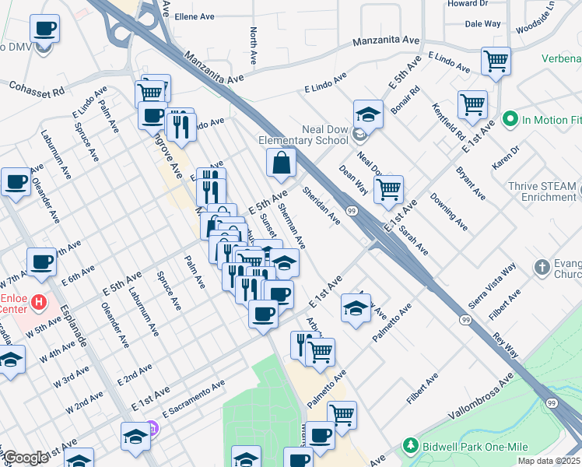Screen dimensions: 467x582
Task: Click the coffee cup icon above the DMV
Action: coord(44,30)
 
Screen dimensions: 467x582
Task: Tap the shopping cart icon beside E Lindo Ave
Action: coord(495,60)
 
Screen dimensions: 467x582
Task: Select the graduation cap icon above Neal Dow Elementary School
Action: coord(368,114)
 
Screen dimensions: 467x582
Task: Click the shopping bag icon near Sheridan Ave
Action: coord(281,163)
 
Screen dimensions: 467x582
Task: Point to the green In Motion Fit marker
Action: coord(510,119)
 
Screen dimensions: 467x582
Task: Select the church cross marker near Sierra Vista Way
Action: coord(542,268)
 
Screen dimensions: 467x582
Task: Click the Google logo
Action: coord(26,458)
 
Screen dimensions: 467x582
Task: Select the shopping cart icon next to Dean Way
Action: coord(388,189)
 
